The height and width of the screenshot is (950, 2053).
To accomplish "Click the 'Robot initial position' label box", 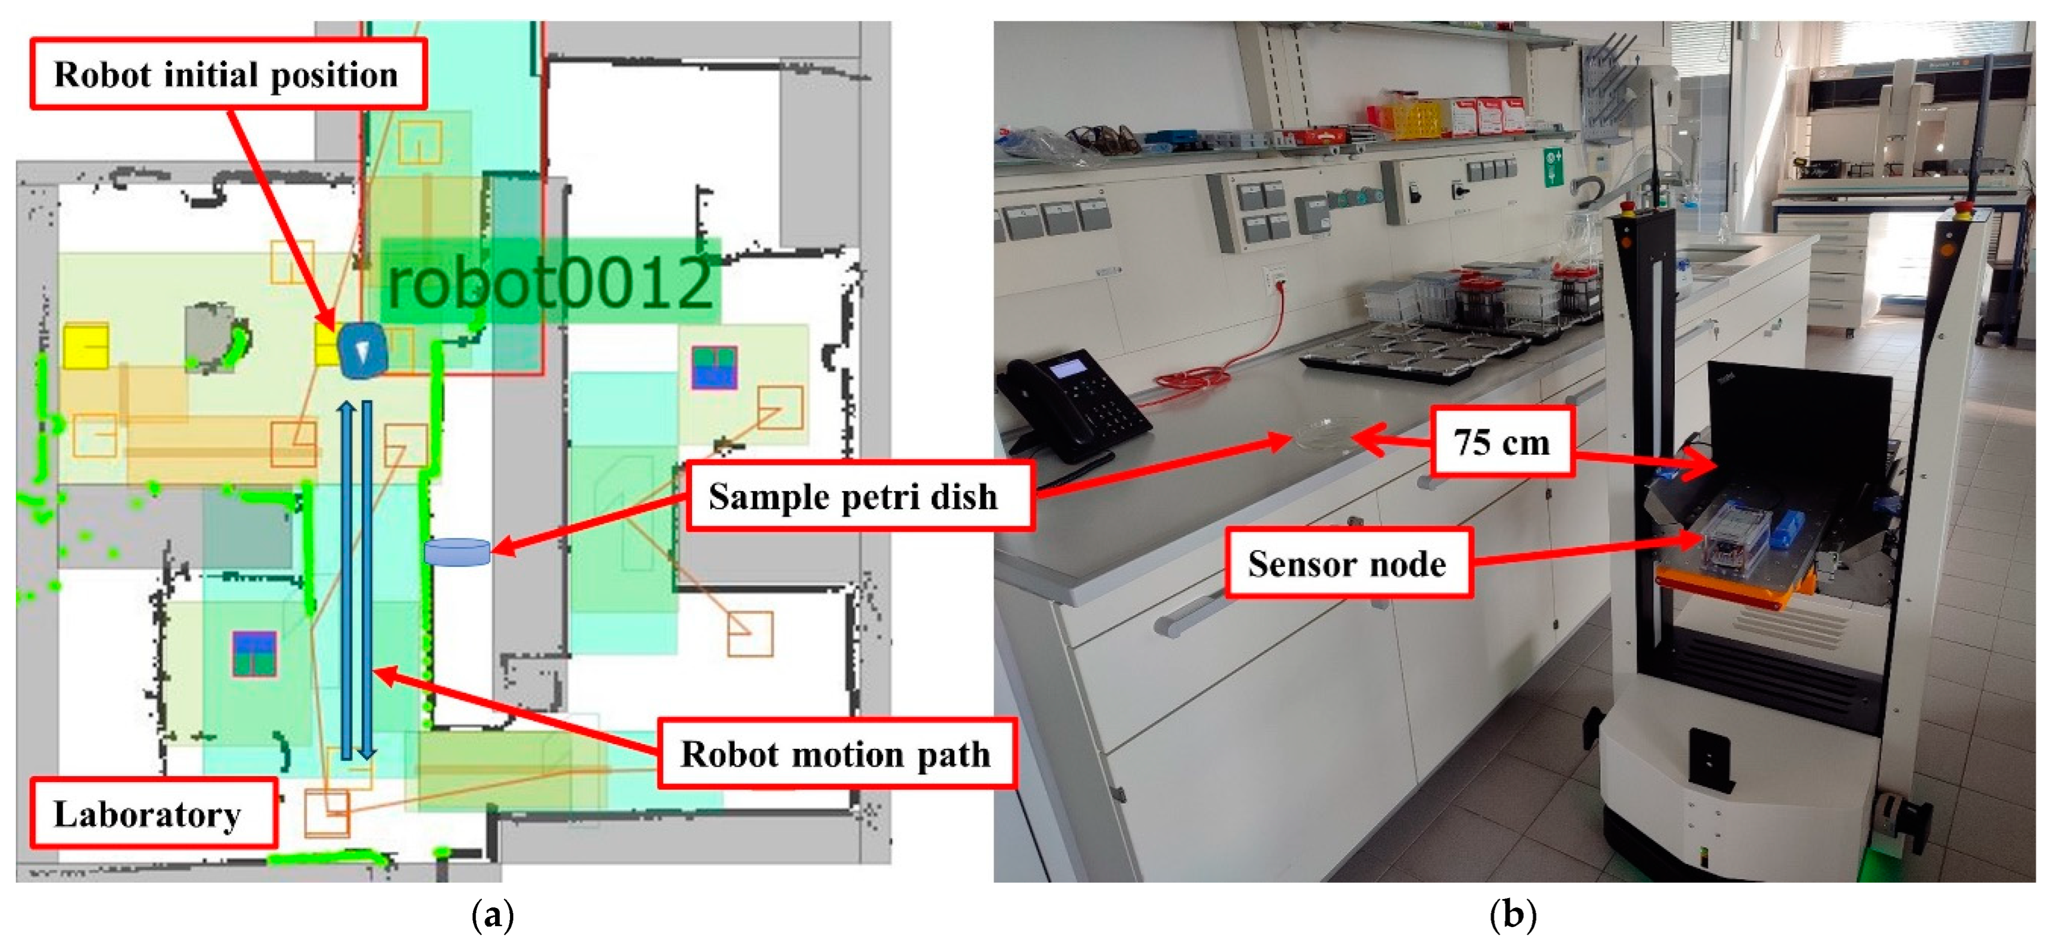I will click(x=228, y=74).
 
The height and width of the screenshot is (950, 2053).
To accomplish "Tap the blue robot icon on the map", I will click(x=363, y=349).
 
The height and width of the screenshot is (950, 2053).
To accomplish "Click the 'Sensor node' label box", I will click(x=1347, y=563).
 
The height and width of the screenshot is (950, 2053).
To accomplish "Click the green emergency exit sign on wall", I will click(x=1552, y=167).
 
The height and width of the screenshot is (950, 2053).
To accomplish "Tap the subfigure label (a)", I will click(x=492, y=916).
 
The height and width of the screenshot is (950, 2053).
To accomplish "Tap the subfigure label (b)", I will click(x=1512, y=916).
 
